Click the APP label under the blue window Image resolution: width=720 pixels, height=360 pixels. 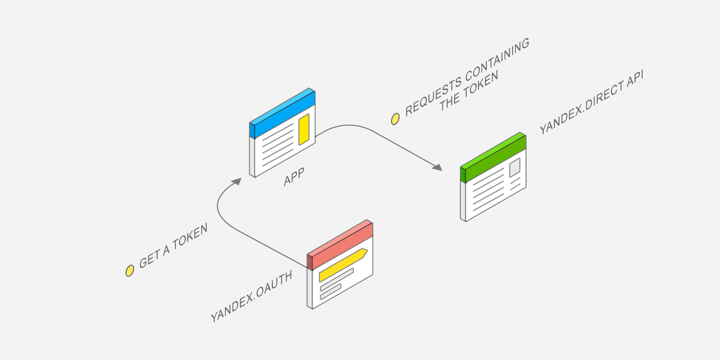294,177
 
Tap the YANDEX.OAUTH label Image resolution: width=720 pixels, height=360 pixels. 252,297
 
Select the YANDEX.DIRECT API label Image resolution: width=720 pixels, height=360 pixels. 591,103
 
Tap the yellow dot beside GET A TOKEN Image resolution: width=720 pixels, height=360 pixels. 130,270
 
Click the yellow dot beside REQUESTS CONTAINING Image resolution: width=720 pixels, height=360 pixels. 396,119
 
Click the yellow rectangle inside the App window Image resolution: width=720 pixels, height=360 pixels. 304,130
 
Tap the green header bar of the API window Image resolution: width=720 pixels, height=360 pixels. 493,157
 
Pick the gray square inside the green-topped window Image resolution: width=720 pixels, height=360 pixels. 515,167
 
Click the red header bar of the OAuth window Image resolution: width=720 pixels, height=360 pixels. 340,245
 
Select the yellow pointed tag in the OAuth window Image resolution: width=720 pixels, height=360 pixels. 343,265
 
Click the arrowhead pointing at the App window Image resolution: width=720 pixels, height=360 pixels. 236,182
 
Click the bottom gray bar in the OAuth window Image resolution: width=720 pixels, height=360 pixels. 330,292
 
